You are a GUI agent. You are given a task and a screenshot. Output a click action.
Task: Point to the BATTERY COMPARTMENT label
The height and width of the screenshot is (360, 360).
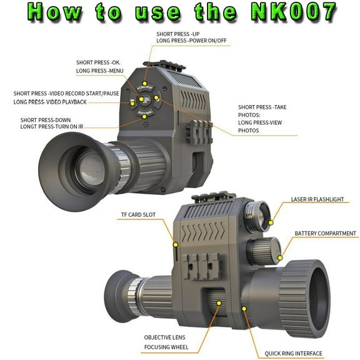pos(325,234)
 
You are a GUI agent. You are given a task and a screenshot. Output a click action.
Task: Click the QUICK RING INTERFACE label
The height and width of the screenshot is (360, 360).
pos(293,353)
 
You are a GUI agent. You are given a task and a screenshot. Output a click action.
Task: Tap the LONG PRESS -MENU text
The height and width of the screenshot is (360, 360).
pos(100,72)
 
